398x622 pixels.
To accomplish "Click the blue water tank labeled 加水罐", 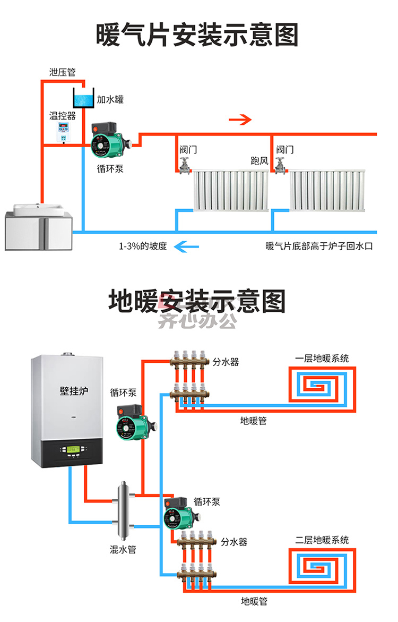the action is click(x=84, y=98).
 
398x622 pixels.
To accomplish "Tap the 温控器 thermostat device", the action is click(x=64, y=132).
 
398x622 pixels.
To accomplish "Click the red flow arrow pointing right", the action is click(x=240, y=120).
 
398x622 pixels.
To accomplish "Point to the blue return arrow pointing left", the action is click(x=186, y=247).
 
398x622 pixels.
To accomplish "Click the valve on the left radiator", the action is click(x=184, y=165).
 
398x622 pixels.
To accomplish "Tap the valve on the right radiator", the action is click(x=280, y=165).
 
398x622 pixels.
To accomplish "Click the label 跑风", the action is click(x=259, y=160).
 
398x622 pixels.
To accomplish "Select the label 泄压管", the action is click(x=62, y=72).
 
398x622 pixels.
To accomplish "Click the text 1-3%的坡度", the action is click(x=143, y=246).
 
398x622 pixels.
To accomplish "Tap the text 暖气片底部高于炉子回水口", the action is click(x=319, y=246).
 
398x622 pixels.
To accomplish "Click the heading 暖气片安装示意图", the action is click(x=197, y=35).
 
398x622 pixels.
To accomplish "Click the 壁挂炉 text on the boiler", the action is click(x=74, y=391).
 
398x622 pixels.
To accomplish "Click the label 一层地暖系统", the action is click(x=322, y=359).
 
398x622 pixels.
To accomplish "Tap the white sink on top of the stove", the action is click(x=38, y=209).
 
